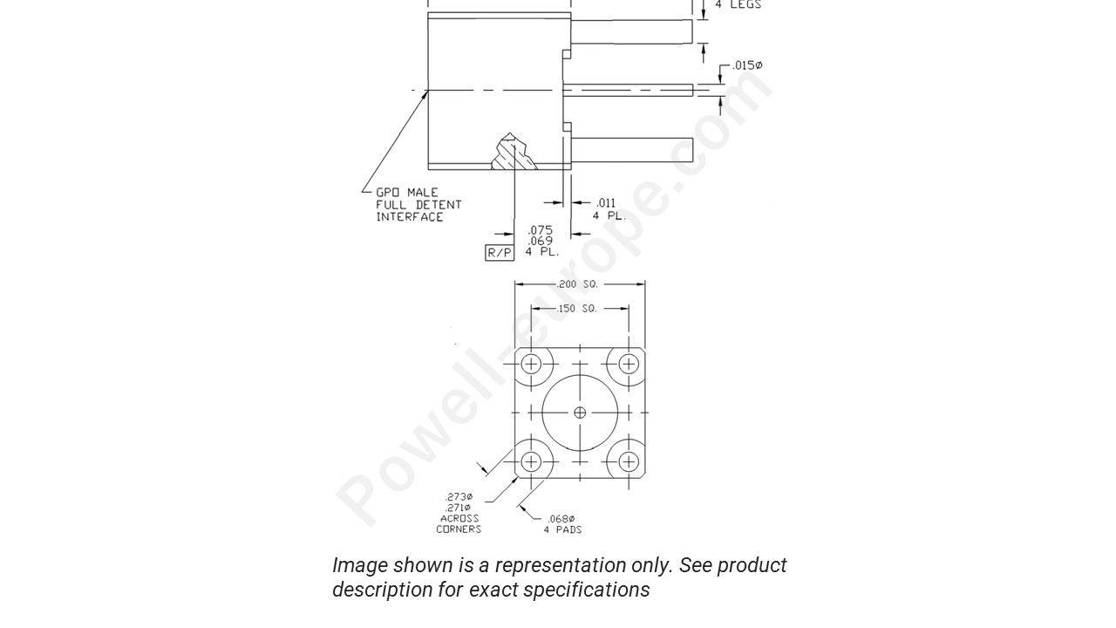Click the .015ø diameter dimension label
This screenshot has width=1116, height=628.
click(747, 65)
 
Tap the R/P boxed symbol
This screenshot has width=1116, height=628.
click(500, 253)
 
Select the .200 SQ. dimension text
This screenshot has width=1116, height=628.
click(580, 284)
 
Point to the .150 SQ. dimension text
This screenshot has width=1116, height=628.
click(579, 309)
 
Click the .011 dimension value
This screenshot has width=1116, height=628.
click(606, 203)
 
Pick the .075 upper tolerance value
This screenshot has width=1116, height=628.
click(541, 230)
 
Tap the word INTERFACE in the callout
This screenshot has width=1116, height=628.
click(410, 217)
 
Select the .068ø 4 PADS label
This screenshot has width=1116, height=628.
click(562, 524)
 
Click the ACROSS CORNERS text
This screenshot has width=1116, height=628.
click(459, 523)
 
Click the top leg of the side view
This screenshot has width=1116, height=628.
click(631, 31)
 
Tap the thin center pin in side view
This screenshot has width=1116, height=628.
click(628, 90)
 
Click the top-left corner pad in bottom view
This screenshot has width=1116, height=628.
click(531, 365)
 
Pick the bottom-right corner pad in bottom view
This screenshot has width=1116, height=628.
click(628, 461)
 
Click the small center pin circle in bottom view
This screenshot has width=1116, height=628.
click(580, 413)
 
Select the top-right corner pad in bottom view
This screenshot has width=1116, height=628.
click(628, 365)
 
